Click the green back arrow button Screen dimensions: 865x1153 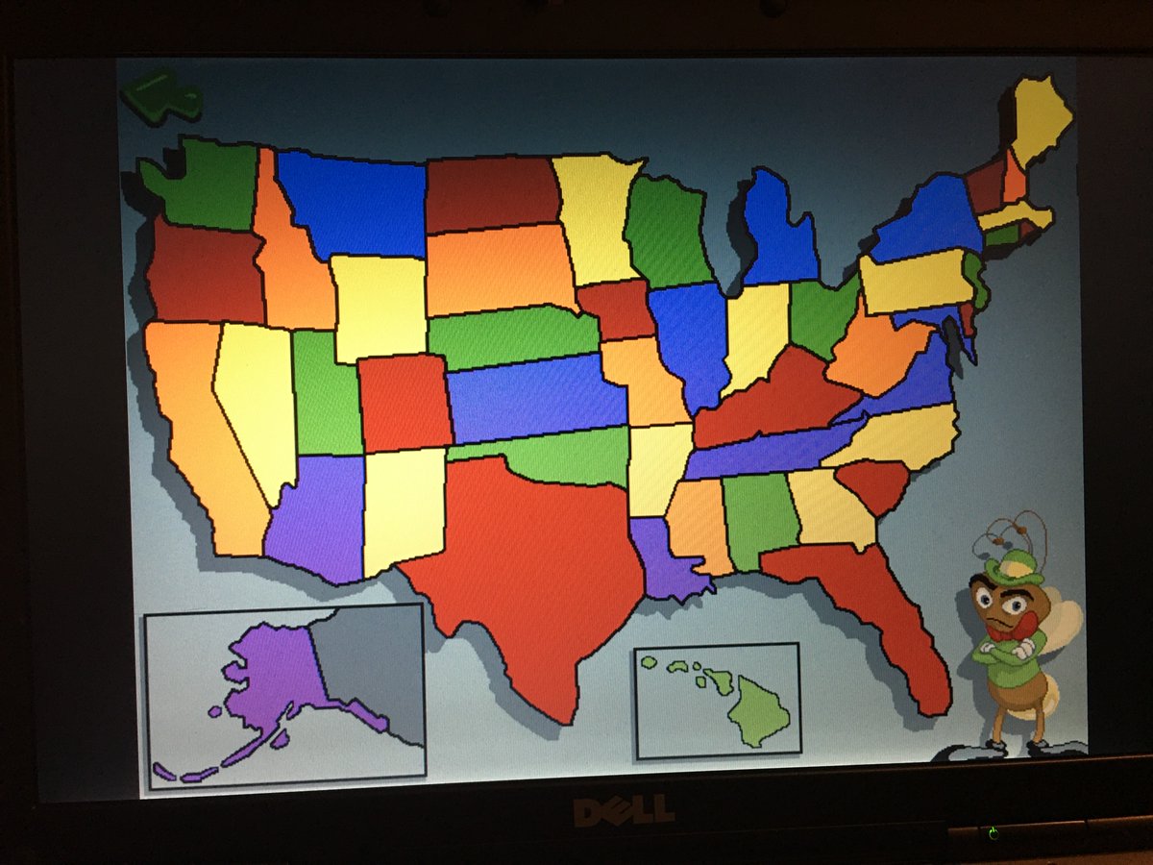click(161, 96)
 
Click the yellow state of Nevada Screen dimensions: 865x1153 click(255, 404)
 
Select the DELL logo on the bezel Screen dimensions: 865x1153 click(624, 813)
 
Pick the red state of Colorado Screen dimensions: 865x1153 click(405, 402)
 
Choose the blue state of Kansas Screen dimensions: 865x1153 click(538, 396)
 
